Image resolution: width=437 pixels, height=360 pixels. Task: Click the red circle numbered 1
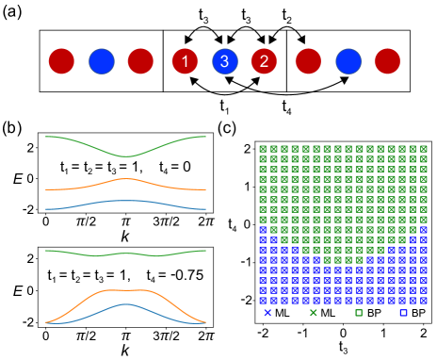tap(185, 61)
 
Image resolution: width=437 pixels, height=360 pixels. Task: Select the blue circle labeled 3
tap(224, 61)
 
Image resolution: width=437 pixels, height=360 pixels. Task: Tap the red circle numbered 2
tap(264, 61)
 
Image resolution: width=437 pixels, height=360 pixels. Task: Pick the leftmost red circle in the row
tap(61, 61)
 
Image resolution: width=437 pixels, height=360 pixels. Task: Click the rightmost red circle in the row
tap(387, 61)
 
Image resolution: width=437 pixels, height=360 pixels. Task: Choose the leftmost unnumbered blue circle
tap(102, 61)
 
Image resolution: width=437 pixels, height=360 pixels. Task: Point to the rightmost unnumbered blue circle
tap(348, 61)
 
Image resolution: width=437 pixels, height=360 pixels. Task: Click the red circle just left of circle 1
tap(140, 61)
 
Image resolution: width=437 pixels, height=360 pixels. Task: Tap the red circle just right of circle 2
tap(308, 61)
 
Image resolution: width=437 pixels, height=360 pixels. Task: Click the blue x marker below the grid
tap(267, 313)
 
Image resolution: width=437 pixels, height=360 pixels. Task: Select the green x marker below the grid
tap(313, 313)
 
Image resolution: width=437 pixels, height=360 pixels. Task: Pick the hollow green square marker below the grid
tap(359, 313)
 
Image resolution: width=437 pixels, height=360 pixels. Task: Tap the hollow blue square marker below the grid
tap(403, 313)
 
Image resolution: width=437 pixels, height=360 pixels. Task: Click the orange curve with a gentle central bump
tap(126, 179)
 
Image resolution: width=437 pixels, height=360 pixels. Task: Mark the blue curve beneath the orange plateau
tap(126, 304)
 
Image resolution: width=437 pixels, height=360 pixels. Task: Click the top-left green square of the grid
tap(264, 148)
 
